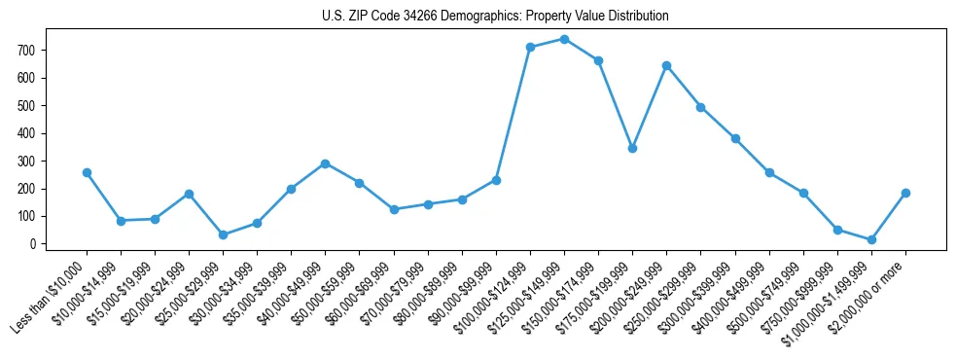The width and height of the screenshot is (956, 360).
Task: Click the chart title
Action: click(x=495, y=17)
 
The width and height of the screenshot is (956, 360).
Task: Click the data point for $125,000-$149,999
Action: click(x=564, y=39)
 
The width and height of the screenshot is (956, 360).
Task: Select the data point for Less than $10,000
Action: click(x=87, y=172)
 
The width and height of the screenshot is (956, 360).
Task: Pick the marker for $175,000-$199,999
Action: click(x=632, y=148)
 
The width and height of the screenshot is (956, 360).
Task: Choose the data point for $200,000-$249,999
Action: click(x=666, y=65)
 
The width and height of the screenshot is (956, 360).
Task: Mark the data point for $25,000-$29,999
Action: click(x=223, y=234)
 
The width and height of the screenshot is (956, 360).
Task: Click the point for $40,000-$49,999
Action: click(x=325, y=163)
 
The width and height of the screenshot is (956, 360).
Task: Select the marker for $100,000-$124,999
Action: click(x=530, y=47)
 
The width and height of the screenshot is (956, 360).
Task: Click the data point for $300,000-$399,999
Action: click(x=735, y=138)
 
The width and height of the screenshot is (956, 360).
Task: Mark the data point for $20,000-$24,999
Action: click(x=189, y=194)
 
